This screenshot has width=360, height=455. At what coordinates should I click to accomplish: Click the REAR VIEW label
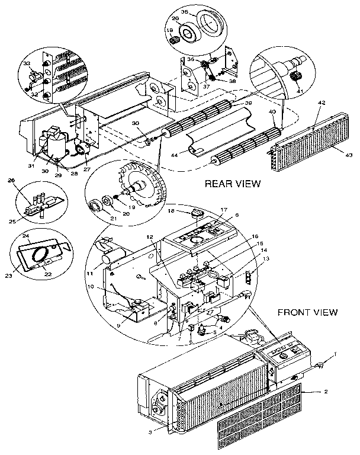point(233,184)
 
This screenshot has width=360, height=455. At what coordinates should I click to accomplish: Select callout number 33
point(26,63)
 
